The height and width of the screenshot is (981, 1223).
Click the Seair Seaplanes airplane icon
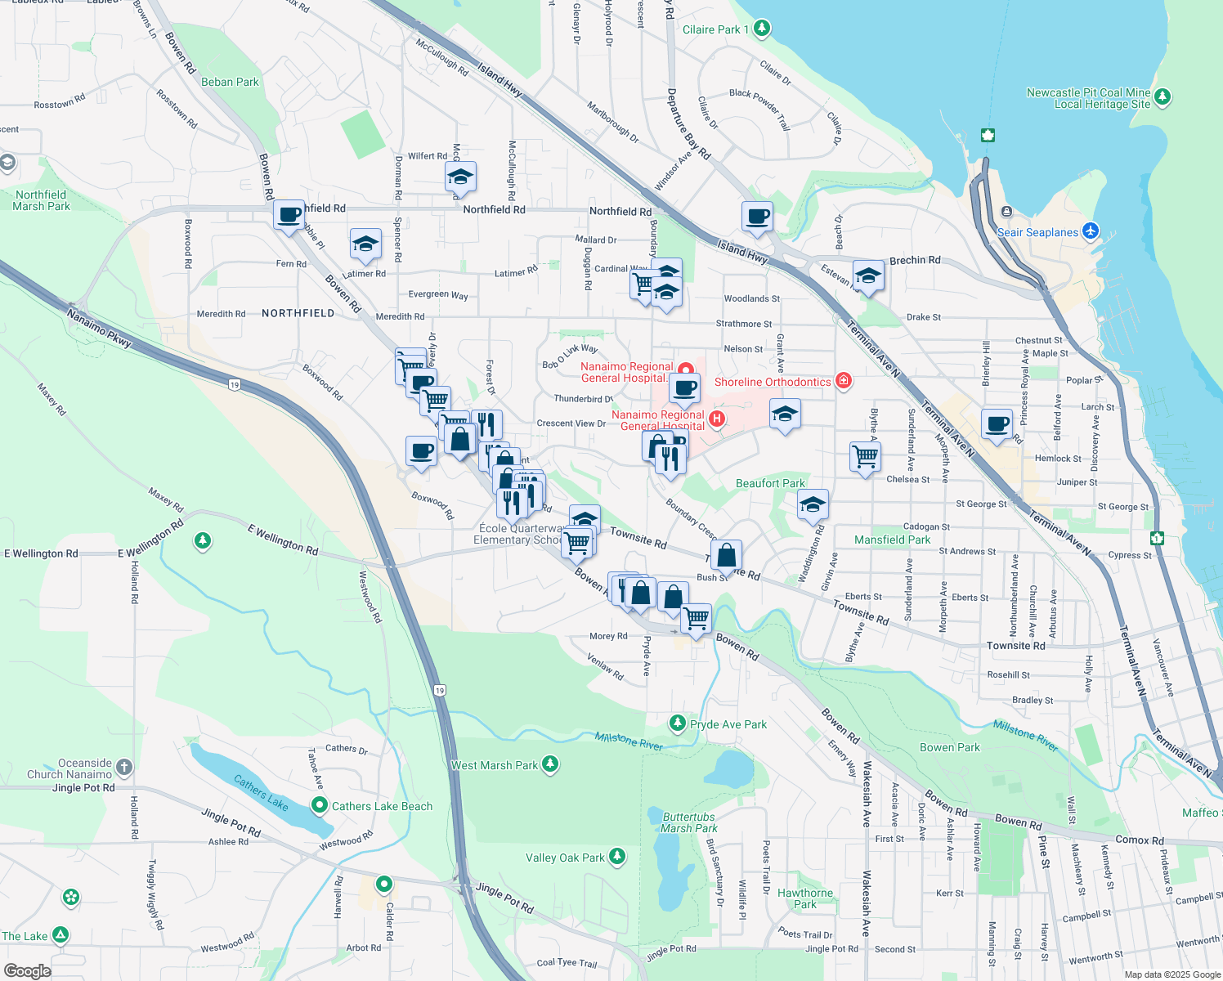click(1090, 231)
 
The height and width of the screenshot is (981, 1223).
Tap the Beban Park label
click(230, 82)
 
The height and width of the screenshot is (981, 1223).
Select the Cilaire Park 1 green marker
click(762, 29)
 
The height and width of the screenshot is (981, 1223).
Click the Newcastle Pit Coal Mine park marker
click(1162, 97)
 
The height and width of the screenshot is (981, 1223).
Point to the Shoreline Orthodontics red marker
click(844, 381)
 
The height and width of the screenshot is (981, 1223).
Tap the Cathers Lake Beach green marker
click(320, 805)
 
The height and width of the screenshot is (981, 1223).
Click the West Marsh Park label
click(495, 765)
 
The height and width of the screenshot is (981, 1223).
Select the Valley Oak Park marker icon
click(617, 857)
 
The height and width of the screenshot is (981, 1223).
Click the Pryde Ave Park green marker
click(677, 723)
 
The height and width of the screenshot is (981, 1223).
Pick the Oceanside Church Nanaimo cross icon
click(124, 767)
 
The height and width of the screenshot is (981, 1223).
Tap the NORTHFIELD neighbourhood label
click(298, 313)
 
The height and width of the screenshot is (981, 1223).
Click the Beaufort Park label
click(770, 483)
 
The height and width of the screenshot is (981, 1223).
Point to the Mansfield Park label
click(892, 540)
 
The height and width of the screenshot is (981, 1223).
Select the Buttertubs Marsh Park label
click(688, 822)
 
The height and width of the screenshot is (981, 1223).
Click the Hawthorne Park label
click(805, 898)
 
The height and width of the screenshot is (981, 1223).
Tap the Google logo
click(27, 970)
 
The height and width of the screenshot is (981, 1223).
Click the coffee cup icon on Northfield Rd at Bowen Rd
click(289, 216)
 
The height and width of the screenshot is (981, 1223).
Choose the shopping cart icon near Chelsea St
click(865, 456)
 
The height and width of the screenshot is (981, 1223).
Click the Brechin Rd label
click(915, 260)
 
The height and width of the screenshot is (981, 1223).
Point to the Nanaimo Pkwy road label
click(98, 326)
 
